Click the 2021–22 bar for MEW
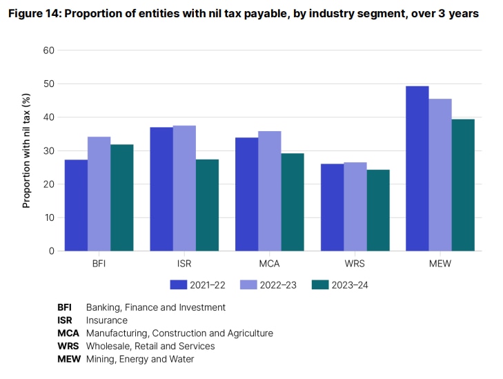[417, 168]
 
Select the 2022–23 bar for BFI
[99, 194]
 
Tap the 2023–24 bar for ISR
[207, 205]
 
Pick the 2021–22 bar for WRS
[332, 207]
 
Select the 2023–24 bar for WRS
[378, 210]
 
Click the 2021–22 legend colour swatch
[179, 284]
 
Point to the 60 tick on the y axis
[48, 50]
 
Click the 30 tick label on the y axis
[48, 151]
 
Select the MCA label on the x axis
[270, 263]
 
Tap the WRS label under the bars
[355, 263]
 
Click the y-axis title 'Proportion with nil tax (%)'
[27, 150]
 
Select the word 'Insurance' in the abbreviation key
[107, 320]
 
